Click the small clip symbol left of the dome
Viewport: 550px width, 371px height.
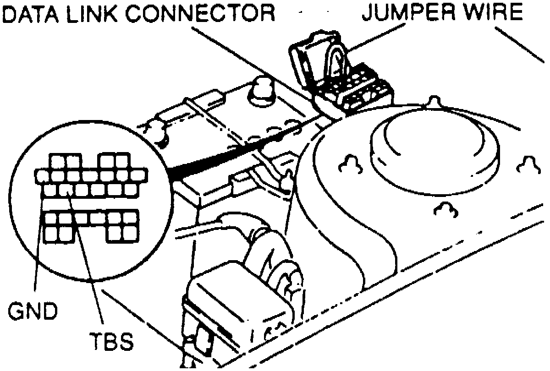click(x=351, y=164)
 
